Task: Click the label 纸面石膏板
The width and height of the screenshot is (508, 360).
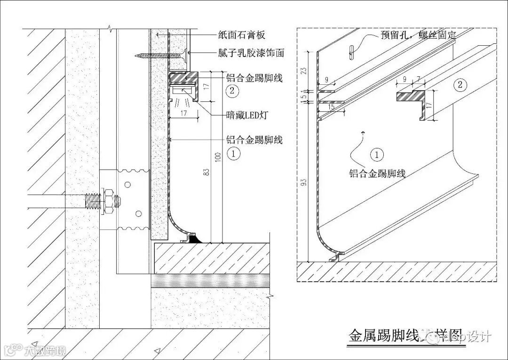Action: pos(242,35)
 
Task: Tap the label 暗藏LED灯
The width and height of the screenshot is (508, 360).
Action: pos(246,115)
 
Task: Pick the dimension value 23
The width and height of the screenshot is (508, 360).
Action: pos(304,70)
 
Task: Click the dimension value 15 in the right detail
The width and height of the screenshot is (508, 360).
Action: pos(331,107)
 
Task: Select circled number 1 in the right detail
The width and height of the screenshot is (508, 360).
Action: pos(377,155)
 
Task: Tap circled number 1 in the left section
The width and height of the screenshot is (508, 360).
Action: pos(234,153)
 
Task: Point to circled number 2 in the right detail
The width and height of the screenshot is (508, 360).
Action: pos(460,85)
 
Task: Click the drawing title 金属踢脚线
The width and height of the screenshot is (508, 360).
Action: pos(384,335)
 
